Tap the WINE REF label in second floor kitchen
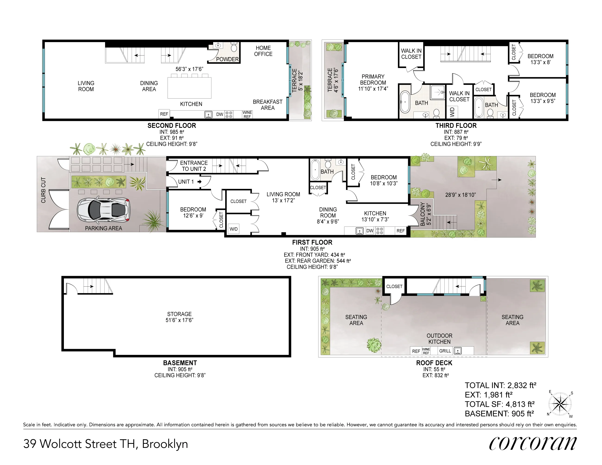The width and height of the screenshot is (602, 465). coord(247,115)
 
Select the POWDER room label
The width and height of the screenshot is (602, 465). coord(227,59)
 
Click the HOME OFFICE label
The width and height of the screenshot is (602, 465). coord(263,51)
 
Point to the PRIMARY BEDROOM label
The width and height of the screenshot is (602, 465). coord(373,82)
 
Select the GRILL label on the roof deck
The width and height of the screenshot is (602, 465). coord(445,351)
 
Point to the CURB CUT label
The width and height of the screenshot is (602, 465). coord(43,190)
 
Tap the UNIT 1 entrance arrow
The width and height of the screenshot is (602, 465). coord(200,182)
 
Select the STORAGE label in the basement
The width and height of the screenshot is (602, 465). coord(179,314)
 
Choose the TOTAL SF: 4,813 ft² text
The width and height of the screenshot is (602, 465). coord(499,404)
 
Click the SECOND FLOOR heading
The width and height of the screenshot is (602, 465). coord(172,126)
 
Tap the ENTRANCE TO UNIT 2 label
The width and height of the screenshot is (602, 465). coord(194,166)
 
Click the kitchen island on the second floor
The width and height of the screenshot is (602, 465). coord(189,88)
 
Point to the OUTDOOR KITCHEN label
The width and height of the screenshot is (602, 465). coord(439,338)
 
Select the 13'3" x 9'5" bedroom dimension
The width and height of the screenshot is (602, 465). coord(543,101)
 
